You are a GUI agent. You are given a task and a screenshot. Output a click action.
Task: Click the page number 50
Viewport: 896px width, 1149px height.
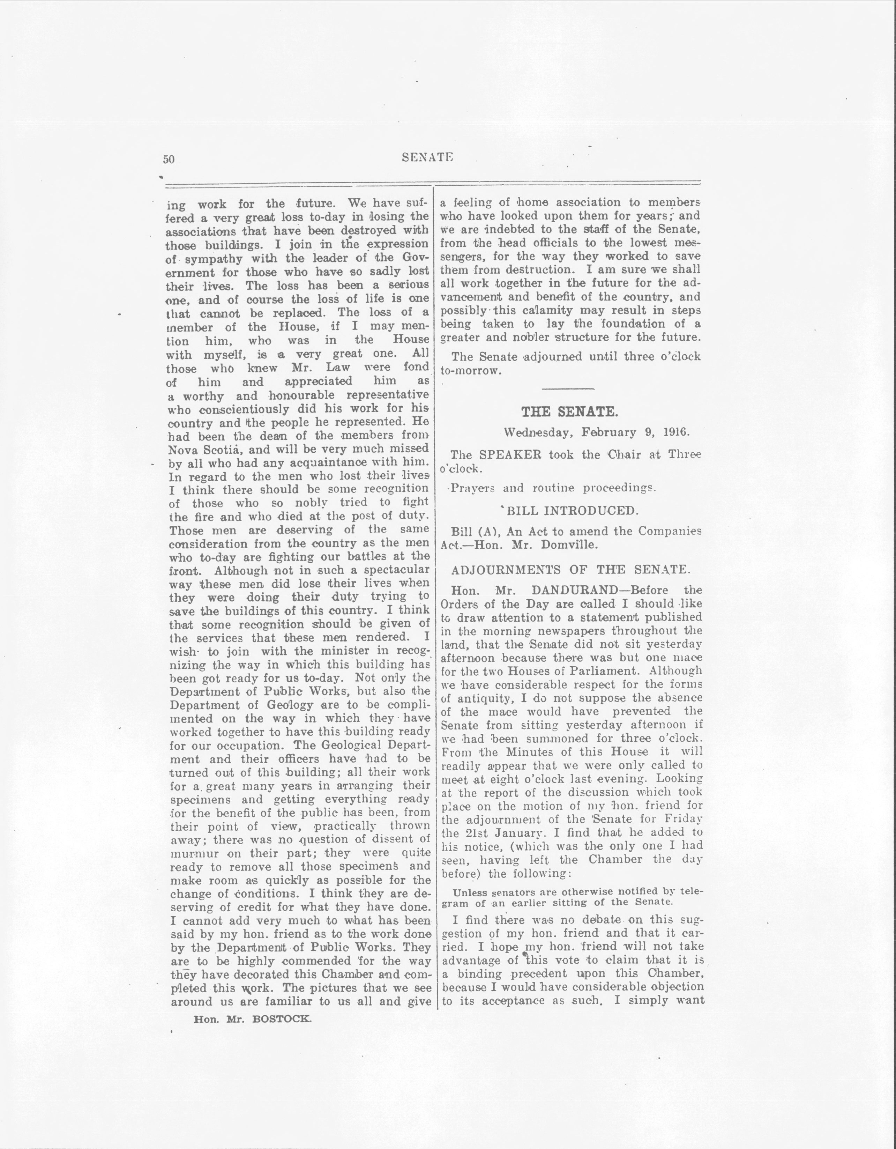(169, 160)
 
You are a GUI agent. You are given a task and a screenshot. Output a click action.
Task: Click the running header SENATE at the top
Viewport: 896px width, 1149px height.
(427, 157)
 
